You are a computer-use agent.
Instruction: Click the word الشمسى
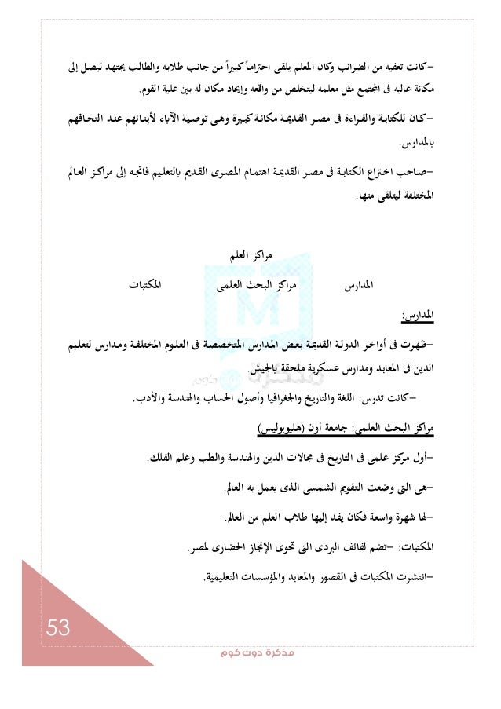296,490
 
